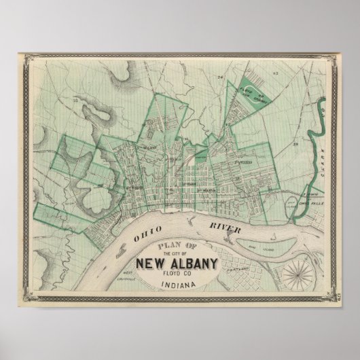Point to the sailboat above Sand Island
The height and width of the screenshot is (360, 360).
coord(274,237)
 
